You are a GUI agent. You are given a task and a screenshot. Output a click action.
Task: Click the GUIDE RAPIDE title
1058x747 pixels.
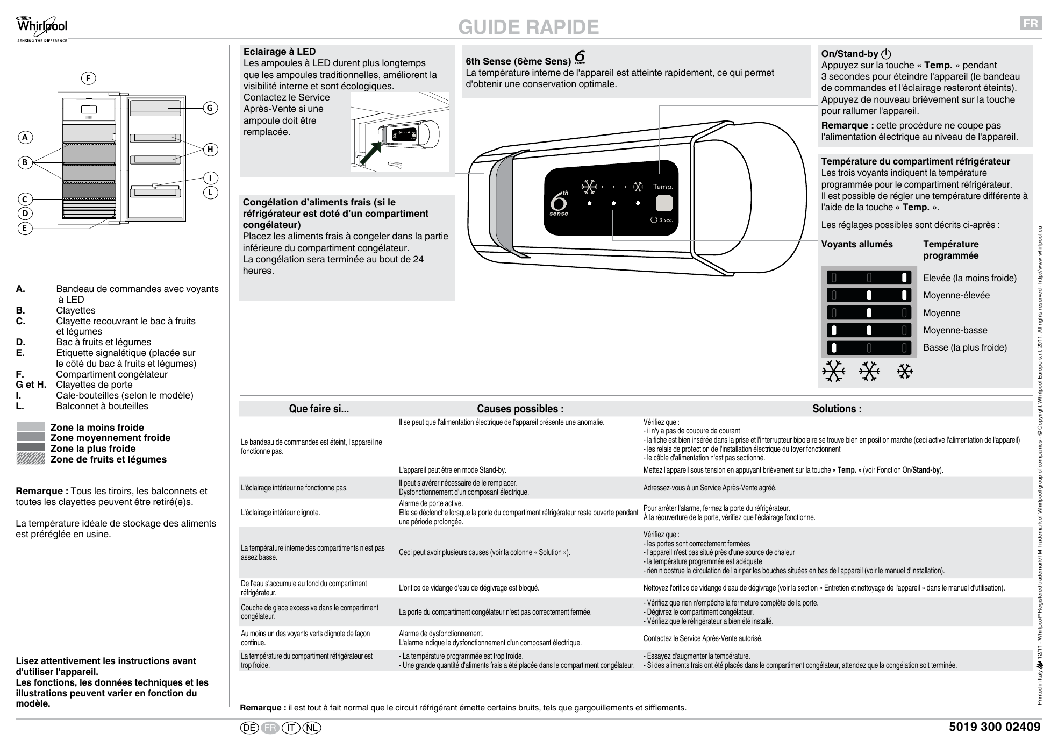click(528, 27)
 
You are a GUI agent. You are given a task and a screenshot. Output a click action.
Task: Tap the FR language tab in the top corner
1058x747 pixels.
click(1031, 23)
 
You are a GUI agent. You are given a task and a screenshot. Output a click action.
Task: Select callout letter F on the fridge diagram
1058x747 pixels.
click(89, 78)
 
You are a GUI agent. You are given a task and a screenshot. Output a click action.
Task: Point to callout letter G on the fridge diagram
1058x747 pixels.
click(210, 108)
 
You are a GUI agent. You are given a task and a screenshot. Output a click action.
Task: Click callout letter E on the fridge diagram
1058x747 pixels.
click(24, 228)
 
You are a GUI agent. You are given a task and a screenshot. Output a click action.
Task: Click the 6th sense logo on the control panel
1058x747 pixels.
click(560, 203)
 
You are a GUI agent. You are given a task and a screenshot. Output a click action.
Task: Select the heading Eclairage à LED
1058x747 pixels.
click(280, 52)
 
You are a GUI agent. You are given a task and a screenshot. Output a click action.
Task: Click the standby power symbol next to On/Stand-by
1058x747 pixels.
click(886, 54)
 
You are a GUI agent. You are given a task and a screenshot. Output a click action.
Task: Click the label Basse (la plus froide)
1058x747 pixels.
click(965, 347)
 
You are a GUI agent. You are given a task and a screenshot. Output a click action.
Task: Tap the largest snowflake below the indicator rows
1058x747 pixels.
click(833, 371)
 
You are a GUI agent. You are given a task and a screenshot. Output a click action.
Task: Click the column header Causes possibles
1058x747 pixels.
click(520, 409)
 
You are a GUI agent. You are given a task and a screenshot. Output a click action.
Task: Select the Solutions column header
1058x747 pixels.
click(837, 409)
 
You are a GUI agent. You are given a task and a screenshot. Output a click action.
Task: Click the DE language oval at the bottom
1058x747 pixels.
click(249, 728)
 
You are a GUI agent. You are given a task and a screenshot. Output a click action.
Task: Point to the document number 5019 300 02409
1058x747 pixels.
click(995, 727)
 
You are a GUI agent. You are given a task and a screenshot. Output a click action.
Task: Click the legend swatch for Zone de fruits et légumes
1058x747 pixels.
click(31, 459)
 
